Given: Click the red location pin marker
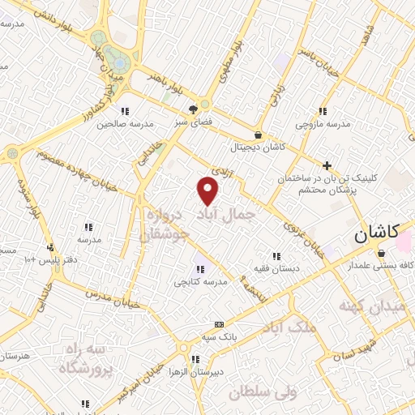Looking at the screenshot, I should [x=208, y=190].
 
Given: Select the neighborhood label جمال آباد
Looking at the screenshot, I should [x=226, y=213].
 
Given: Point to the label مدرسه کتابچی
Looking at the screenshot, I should [x=199, y=282].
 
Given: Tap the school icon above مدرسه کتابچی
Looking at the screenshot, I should [x=199, y=268].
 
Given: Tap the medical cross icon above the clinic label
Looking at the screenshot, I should [x=327, y=165].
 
